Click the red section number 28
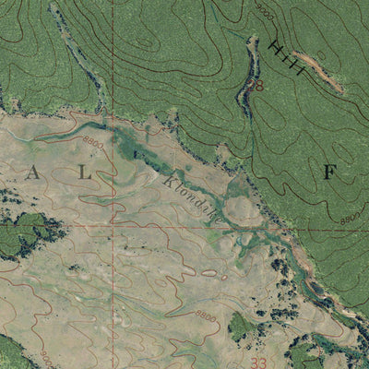pyautogui.click(x=258, y=86)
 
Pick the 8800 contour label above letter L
pyautogui.click(x=93, y=141)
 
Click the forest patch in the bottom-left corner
pyautogui.click(x=11, y=353)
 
